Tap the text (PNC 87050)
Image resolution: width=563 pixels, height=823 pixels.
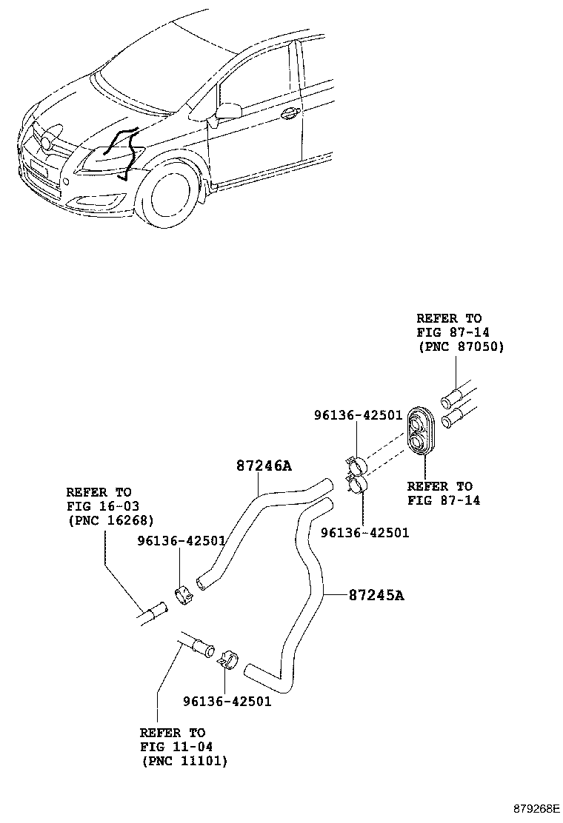459,346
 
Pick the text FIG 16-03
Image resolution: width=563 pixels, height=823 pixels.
99,506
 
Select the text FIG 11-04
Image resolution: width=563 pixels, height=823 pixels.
172,746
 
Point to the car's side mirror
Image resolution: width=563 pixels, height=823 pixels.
227,111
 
